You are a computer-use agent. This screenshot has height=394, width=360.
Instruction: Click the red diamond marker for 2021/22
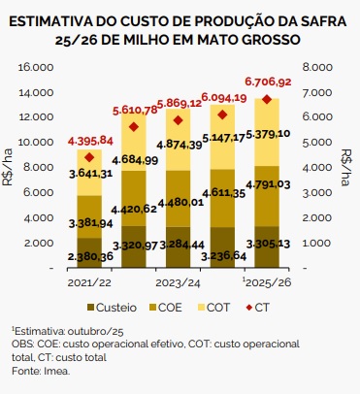89,157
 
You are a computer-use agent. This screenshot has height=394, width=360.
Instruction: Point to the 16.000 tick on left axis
35,68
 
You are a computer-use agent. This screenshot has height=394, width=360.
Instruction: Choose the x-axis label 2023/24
178,281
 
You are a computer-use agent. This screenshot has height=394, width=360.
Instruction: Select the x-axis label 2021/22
89,281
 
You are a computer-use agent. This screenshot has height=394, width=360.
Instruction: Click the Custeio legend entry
107,306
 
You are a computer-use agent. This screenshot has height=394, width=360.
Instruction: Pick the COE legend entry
164,306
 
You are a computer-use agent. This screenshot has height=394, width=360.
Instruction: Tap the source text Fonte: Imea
37,371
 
